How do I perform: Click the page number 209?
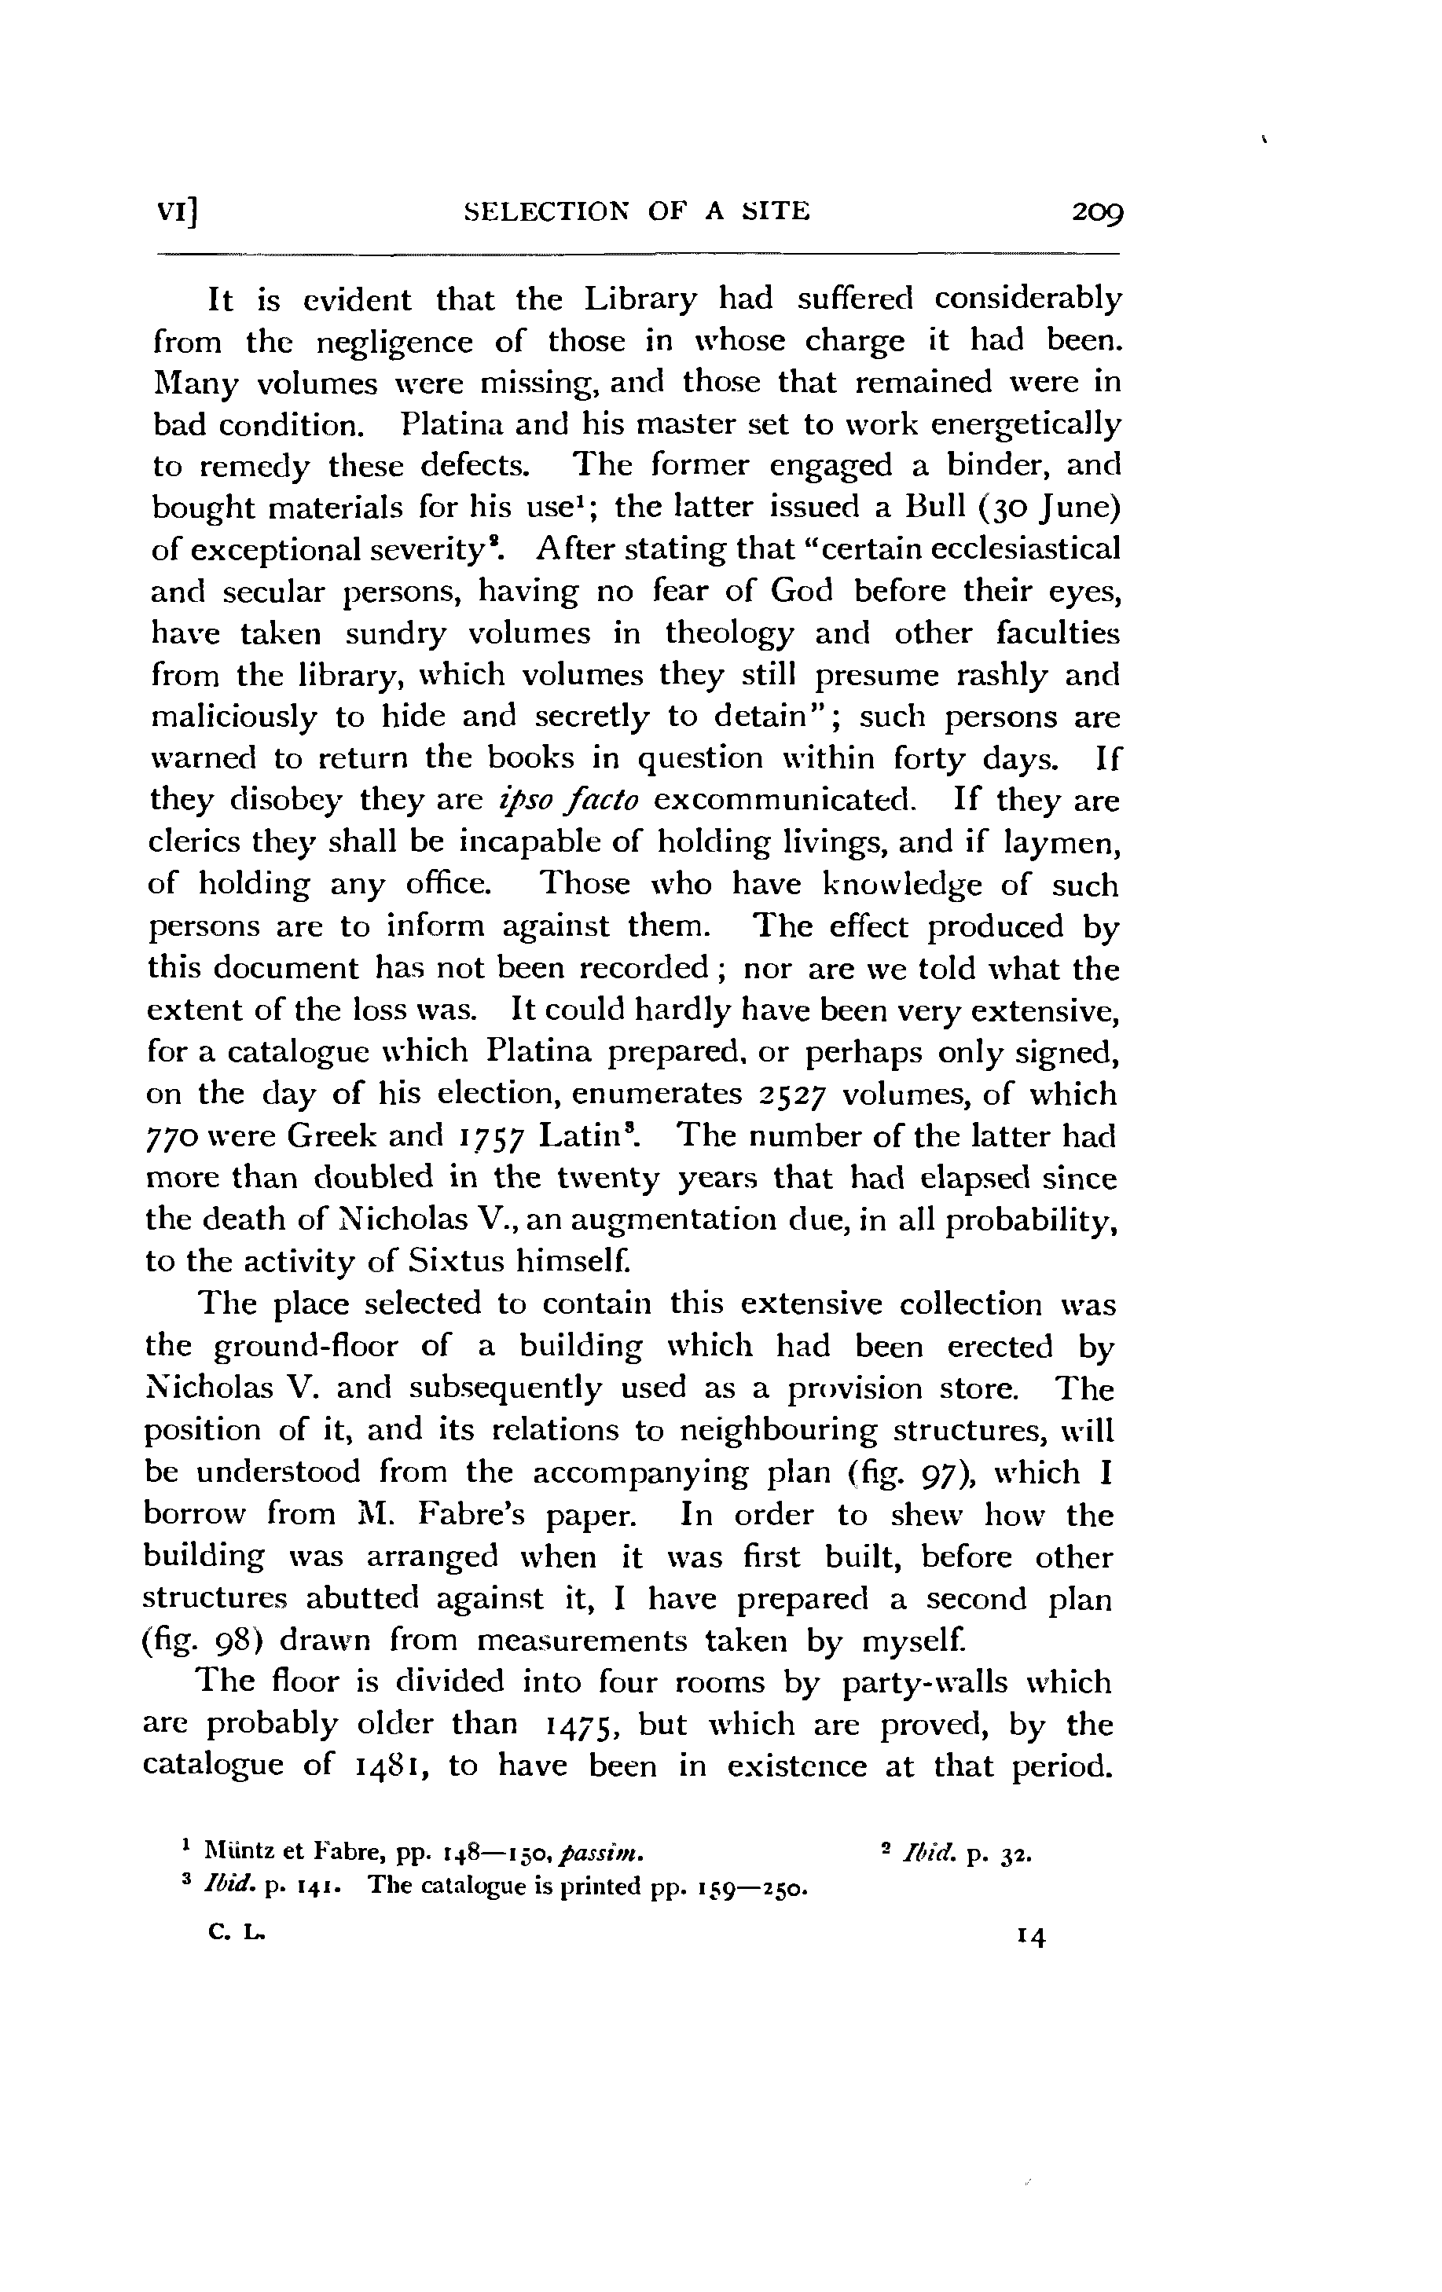tap(1096, 211)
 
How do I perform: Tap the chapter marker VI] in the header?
tap(178, 211)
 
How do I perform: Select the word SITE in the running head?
tap(775, 211)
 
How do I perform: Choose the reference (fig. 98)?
tap(204, 1640)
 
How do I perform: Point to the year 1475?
tap(581, 1725)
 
